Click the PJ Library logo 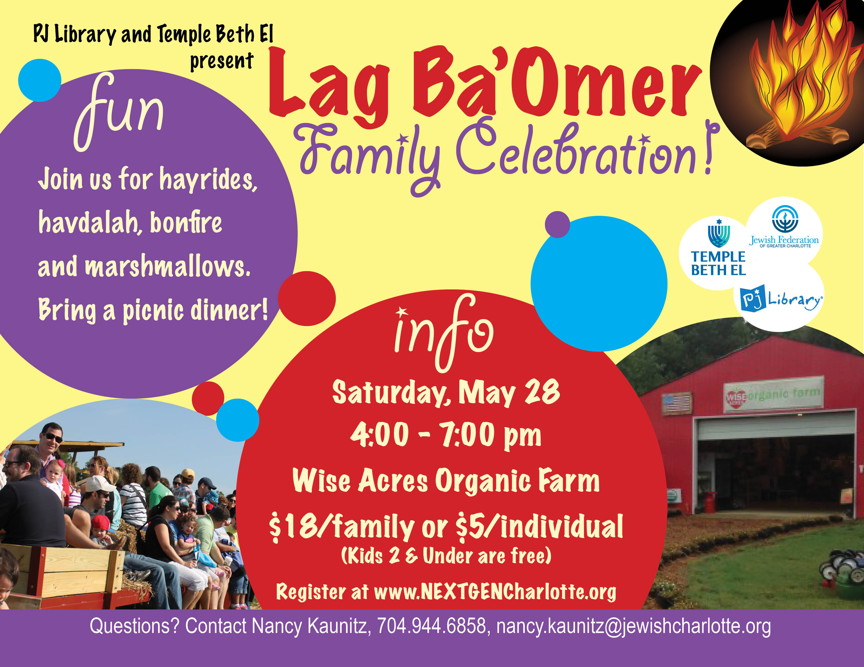tap(781, 298)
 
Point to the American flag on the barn tap(677, 403)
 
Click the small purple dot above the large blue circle tap(557, 224)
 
